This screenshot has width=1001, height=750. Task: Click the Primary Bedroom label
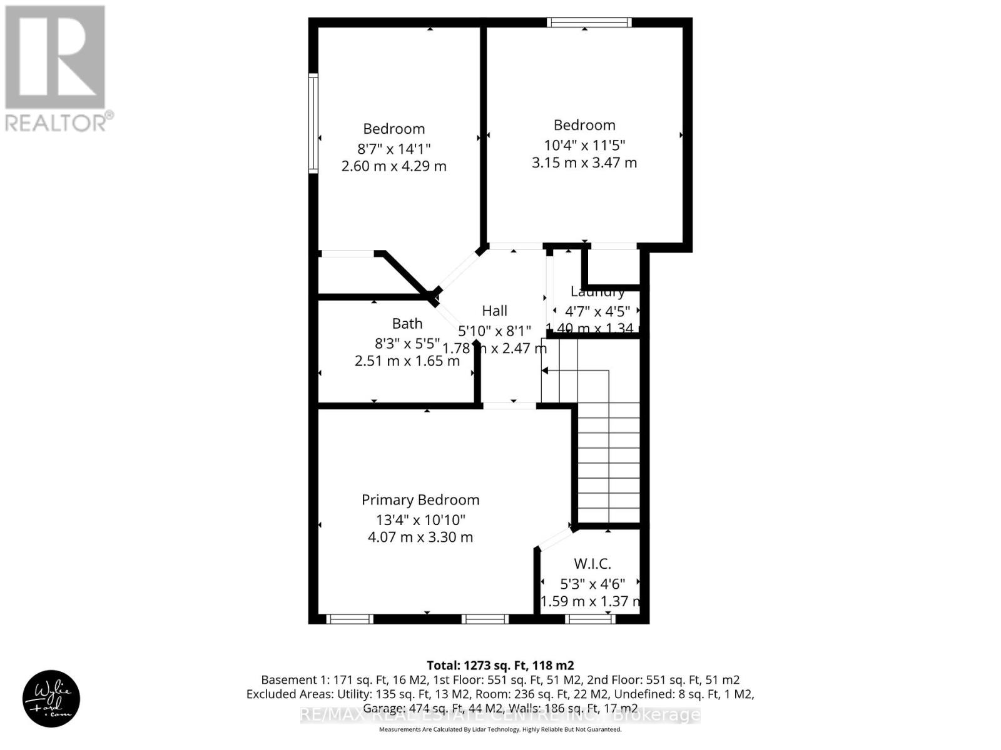[x=420, y=500]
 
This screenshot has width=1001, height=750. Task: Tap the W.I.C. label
[x=592, y=564]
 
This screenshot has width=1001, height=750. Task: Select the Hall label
[x=494, y=311]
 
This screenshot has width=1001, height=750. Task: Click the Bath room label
[x=407, y=324]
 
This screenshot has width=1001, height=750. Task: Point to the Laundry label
[x=597, y=292]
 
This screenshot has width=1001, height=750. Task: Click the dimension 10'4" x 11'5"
[x=584, y=145]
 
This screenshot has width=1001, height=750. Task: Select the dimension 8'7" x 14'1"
[x=394, y=149]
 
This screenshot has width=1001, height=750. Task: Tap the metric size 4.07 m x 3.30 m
[x=420, y=537]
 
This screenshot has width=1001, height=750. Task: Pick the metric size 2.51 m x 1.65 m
[x=407, y=361]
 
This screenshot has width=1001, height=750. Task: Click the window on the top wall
[x=589, y=22]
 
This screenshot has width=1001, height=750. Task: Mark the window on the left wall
[x=313, y=122]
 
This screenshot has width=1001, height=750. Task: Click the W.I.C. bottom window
[x=590, y=619]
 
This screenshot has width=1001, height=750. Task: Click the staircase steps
[x=608, y=462]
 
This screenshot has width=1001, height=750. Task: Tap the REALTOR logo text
[x=59, y=122]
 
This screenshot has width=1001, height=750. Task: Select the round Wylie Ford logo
[x=51, y=698]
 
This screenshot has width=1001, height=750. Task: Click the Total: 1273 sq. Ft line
[x=500, y=665]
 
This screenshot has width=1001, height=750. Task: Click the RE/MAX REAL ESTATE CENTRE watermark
[x=500, y=715]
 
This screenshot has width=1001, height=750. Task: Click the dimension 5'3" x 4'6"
[x=592, y=584]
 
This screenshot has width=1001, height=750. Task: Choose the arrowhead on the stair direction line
[x=544, y=371]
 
